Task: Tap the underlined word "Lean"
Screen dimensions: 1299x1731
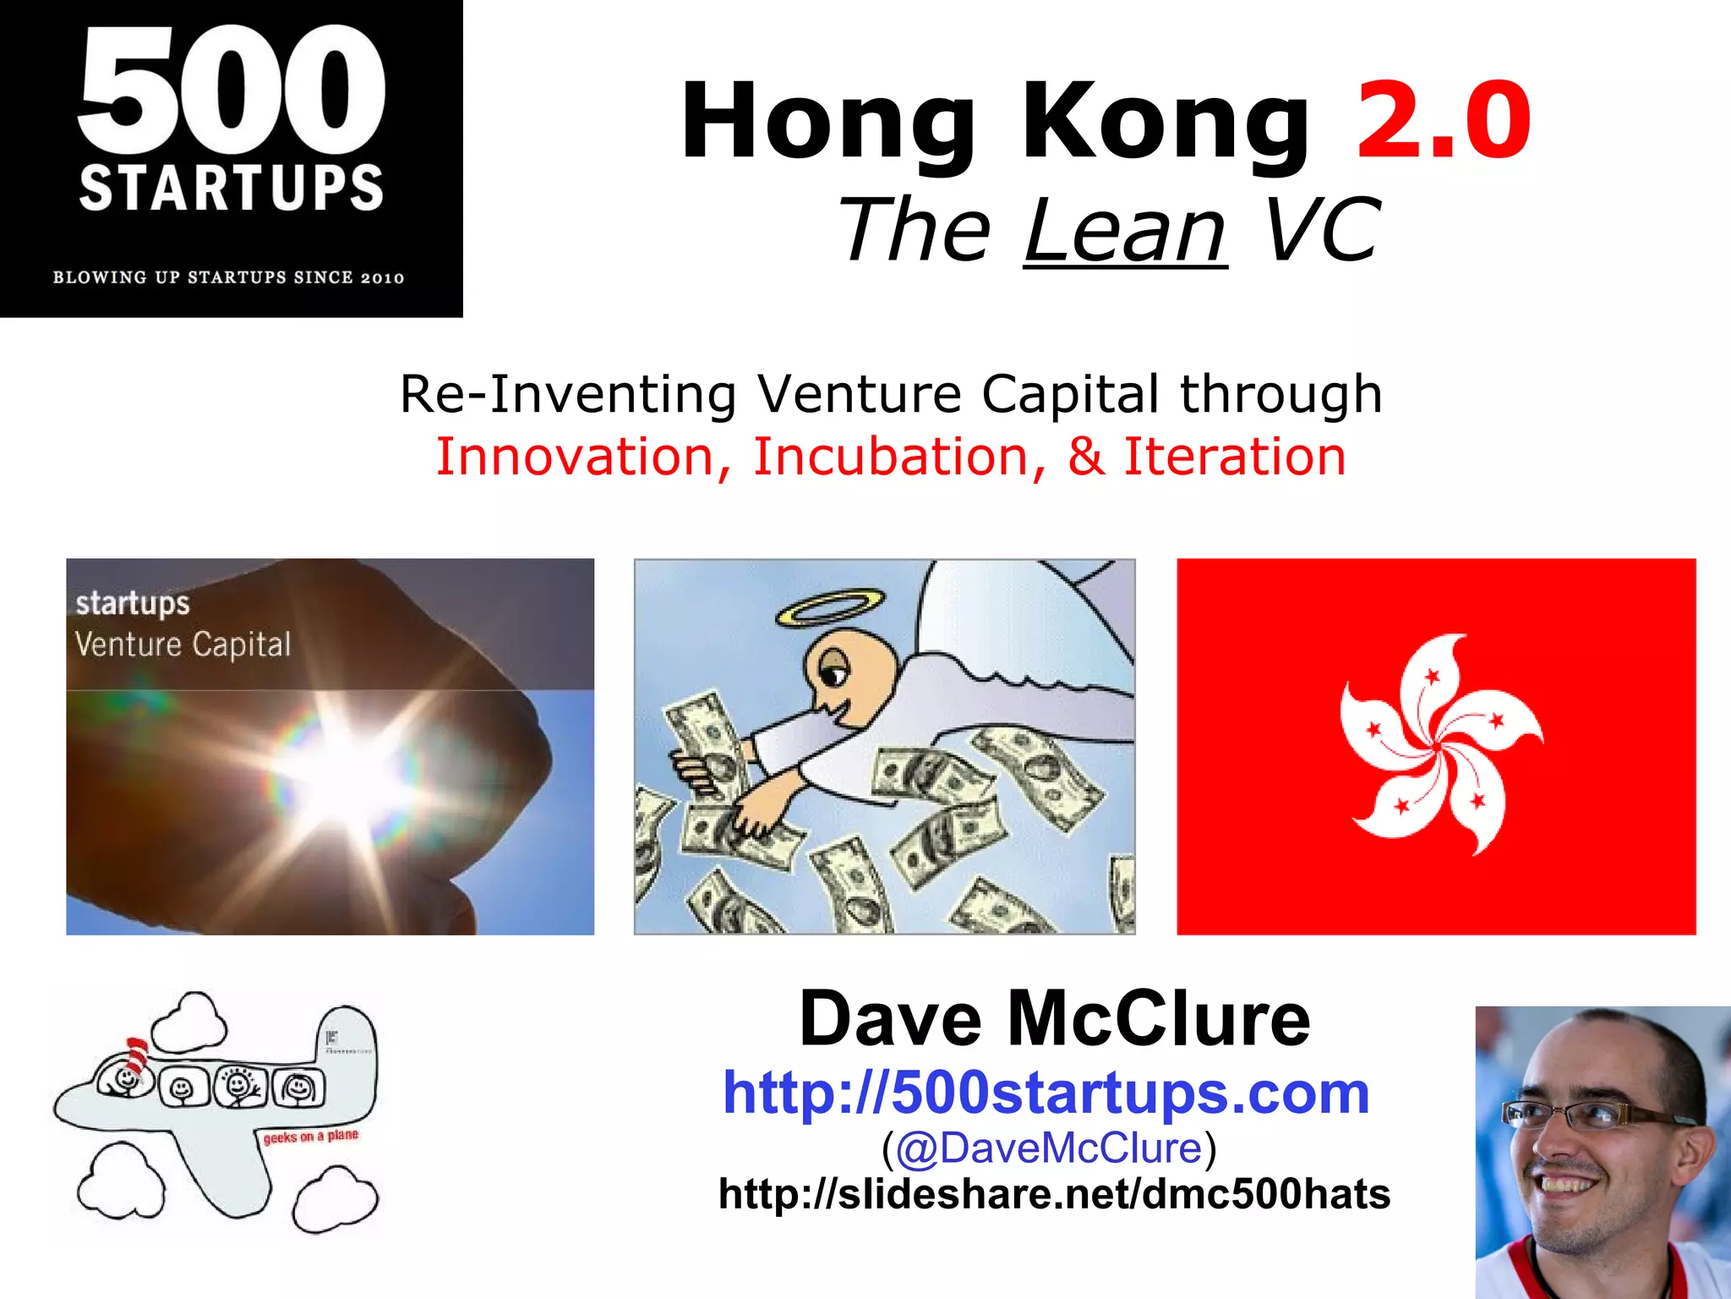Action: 1125,230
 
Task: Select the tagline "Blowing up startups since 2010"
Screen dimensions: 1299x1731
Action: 229,277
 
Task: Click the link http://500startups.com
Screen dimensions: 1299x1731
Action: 1046,1093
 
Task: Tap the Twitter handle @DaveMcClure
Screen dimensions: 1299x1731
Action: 1048,1148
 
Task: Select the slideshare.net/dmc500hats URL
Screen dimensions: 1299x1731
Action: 1054,1194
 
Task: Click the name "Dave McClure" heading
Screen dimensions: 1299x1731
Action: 1054,1019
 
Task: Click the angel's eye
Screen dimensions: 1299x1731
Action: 833,676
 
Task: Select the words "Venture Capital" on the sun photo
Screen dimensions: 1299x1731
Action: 183,644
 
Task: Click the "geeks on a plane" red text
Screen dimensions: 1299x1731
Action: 310,1136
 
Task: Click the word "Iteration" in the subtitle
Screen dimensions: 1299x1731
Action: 1234,457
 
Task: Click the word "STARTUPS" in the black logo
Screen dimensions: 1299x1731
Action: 231,188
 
